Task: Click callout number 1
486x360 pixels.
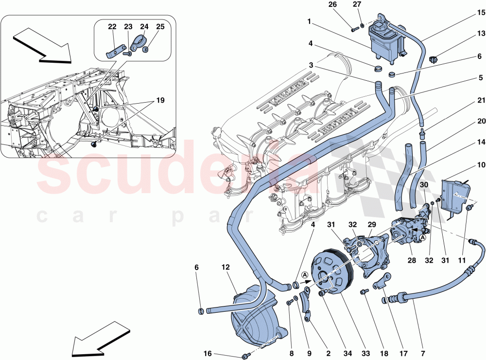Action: point(309,21)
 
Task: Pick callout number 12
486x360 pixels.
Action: point(226,268)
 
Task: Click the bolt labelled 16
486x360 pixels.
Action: point(247,355)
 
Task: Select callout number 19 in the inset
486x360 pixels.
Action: point(160,101)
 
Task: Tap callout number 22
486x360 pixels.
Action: point(112,28)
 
